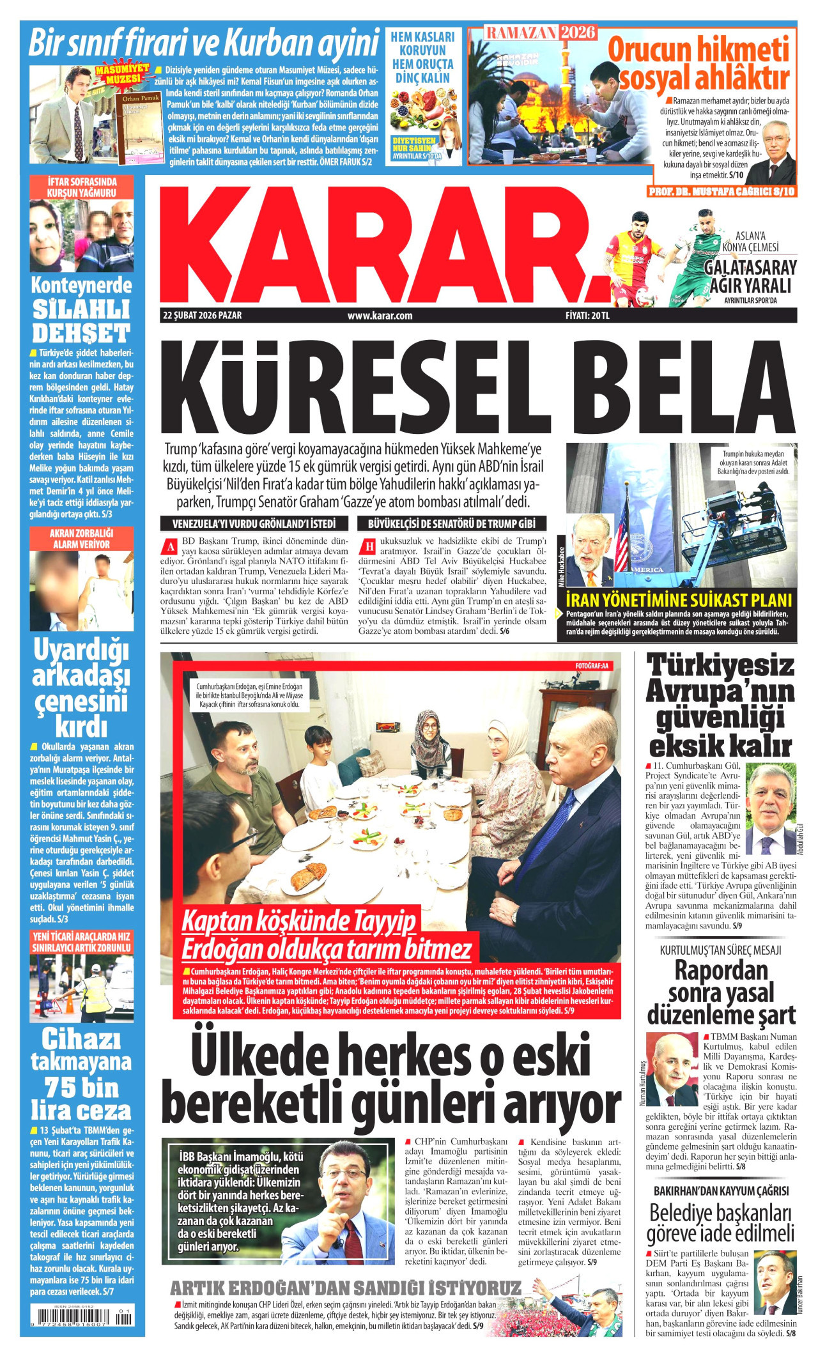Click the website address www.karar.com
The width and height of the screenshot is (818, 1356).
[380, 316]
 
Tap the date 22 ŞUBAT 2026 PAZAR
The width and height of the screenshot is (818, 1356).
[203, 316]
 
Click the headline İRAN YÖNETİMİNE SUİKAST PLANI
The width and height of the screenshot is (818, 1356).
[679, 600]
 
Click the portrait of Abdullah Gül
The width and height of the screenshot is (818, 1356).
[770, 810]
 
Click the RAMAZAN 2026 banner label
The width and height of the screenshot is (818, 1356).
[541, 33]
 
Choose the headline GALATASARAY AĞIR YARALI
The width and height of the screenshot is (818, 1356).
[750, 276]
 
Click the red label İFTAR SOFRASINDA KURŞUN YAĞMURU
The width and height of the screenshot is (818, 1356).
[81, 187]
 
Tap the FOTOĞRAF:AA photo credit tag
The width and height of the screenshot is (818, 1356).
[592, 666]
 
